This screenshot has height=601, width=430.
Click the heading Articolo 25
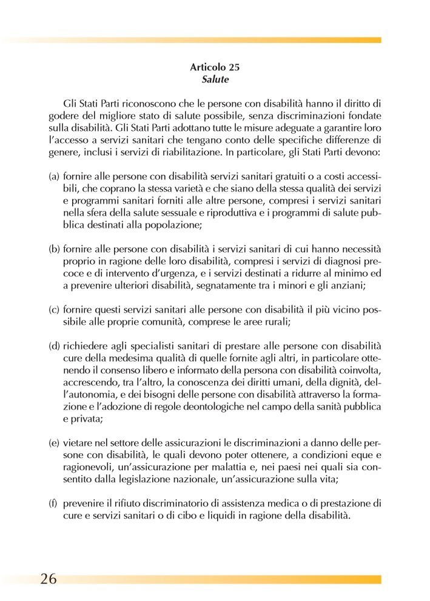coord(214,68)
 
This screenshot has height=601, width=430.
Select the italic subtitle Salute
coord(214,79)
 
